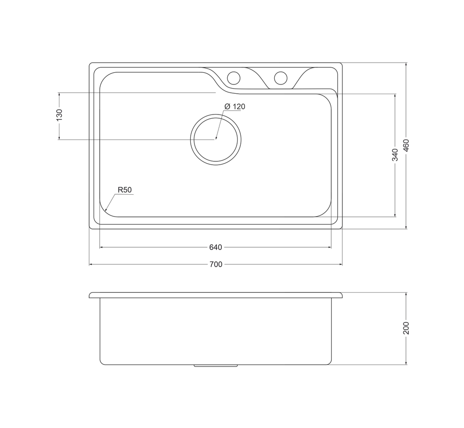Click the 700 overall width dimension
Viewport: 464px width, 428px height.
pyautogui.click(x=216, y=264)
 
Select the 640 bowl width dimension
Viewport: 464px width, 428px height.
pyautogui.click(x=215, y=247)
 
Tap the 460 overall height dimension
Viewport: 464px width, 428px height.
pyautogui.click(x=406, y=146)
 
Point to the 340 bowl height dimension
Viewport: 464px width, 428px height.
pyautogui.click(x=395, y=155)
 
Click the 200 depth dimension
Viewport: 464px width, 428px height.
pyautogui.click(x=406, y=328)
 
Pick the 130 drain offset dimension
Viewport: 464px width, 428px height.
pyautogui.click(x=59, y=115)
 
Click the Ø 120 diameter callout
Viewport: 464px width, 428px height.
pyautogui.click(x=235, y=107)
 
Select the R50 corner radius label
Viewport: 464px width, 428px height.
pyautogui.click(x=124, y=190)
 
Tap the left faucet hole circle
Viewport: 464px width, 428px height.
pyautogui.click(x=233, y=78)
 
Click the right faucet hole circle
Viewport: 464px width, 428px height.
pyautogui.click(x=281, y=77)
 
